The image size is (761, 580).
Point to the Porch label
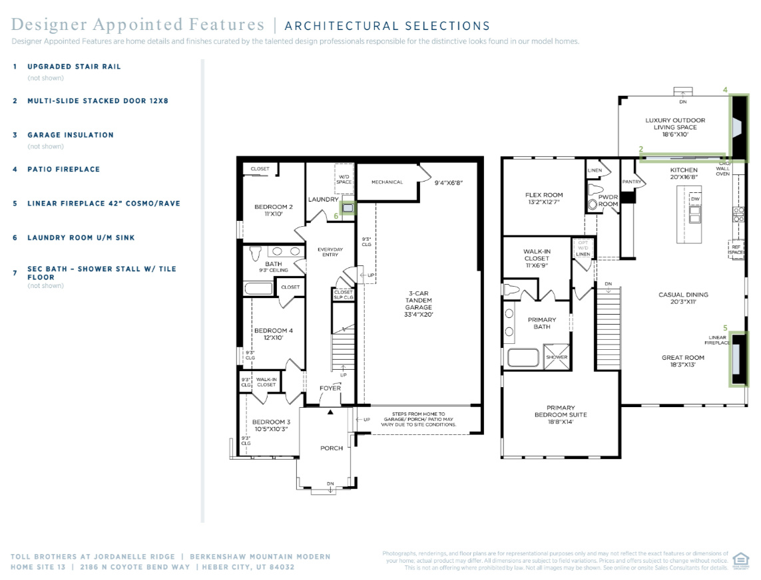(332, 448)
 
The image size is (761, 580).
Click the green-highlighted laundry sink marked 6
(348, 207)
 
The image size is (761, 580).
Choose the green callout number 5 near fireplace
(725, 327)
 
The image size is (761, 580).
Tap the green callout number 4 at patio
(726, 89)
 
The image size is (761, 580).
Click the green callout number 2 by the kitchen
(640, 150)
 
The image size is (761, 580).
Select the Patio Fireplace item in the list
(63, 170)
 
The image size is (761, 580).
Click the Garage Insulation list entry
(70, 135)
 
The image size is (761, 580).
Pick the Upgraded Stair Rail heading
(74, 67)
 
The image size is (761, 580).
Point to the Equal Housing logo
(740, 560)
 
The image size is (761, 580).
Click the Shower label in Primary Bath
(557, 357)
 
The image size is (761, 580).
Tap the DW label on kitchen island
(695, 199)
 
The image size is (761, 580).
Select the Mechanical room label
(387, 182)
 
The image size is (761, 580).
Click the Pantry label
(632, 182)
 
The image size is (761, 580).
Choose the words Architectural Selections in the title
(387, 27)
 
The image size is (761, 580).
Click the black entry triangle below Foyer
(330, 412)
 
